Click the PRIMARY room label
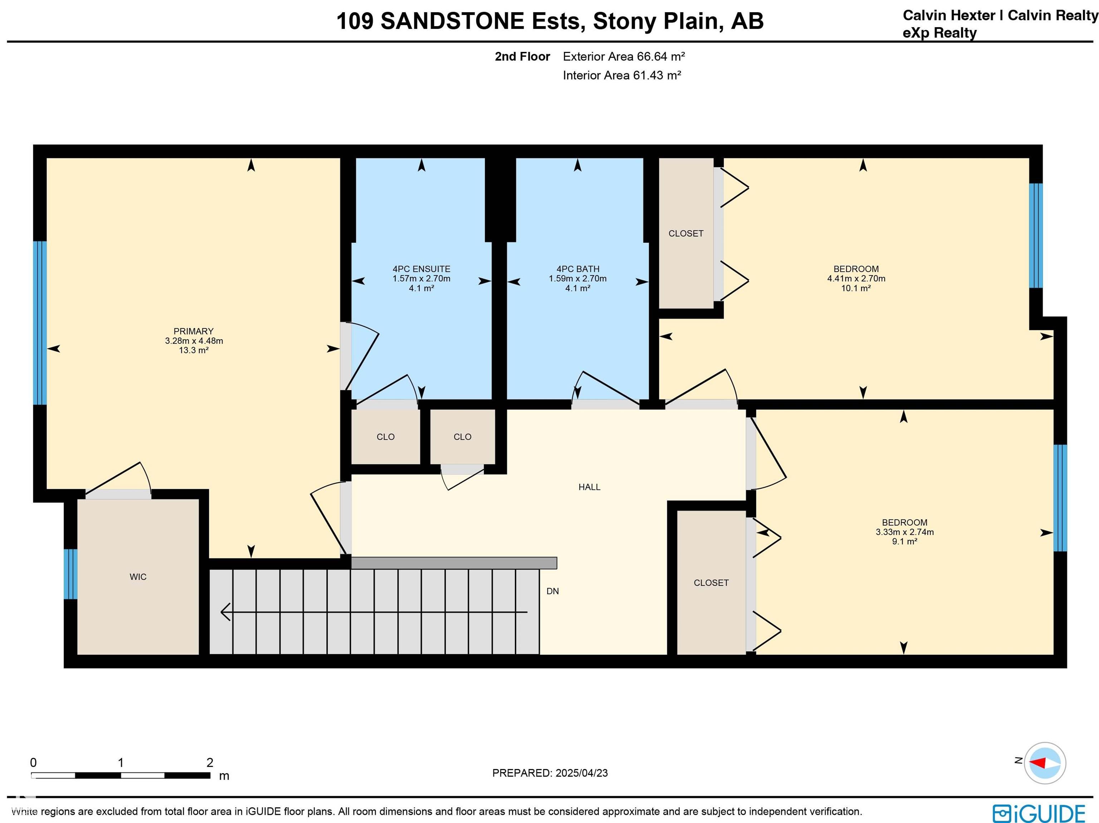tap(193, 331)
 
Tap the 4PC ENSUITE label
tap(421, 269)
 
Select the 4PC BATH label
tap(578, 269)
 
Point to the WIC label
tap(138, 576)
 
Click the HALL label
tap(589, 487)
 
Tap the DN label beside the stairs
tap(552, 591)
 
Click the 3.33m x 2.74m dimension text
tap(905, 532)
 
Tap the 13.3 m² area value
tap(193, 350)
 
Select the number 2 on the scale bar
tap(210, 763)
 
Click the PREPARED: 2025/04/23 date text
tap(550, 773)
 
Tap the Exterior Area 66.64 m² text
tap(624, 56)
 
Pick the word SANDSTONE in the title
tap(452, 21)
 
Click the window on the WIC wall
tap(70, 574)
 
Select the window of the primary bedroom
tap(40, 323)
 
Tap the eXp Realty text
tap(939, 33)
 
